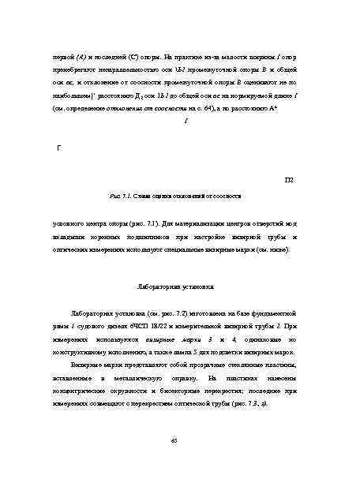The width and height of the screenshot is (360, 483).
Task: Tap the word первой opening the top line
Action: (61, 59)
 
